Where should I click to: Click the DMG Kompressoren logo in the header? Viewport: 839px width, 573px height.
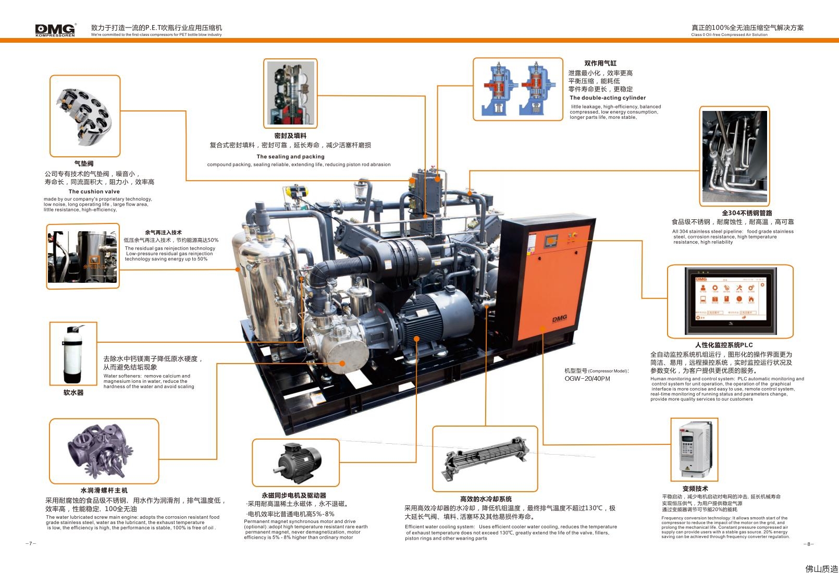(55, 30)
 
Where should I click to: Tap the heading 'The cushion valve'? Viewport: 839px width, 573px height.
(94, 192)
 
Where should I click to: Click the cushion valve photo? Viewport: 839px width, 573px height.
(85, 116)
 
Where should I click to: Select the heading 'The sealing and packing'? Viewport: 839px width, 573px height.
(290, 156)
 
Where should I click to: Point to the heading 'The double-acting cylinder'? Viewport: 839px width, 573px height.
(608, 98)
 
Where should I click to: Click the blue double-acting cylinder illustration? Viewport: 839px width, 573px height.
(518, 89)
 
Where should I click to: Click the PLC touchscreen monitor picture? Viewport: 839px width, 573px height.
(731, 302)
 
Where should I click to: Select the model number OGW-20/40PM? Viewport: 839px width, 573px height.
(587, 379)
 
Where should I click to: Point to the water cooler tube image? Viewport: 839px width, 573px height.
(485, 459)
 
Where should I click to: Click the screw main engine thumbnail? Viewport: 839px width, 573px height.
(100, 451)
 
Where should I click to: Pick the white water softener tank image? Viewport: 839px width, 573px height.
(73, 354)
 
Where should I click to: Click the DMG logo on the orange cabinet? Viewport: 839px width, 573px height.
(560, 318)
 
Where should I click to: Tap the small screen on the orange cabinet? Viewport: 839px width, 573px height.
(551, 241)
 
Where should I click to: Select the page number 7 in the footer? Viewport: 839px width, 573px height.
(31, 543)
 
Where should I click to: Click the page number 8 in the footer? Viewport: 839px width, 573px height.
(808, 544)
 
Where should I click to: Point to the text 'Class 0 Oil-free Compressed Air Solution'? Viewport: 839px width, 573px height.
(729, 35)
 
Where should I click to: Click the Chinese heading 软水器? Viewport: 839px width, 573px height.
(73, 393)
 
